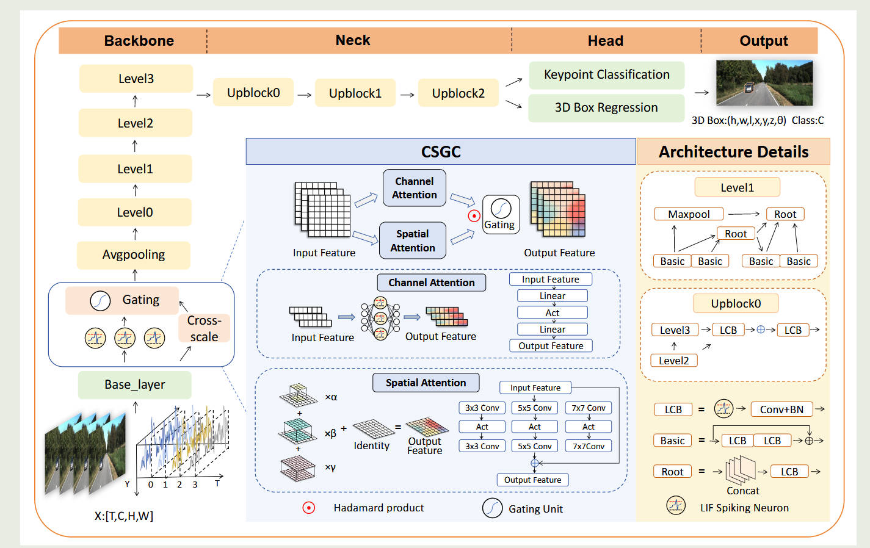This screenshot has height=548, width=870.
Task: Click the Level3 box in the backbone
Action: [x=136, y=79]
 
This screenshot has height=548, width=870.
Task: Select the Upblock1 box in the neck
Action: [x=355, y=93]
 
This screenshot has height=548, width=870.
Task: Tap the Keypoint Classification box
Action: [x=606, y=75]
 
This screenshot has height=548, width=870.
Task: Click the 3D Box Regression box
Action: [x=606, y=108]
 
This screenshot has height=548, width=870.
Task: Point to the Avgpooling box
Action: [x=133, y=255]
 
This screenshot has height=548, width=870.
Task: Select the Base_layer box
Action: [x=134, y=385]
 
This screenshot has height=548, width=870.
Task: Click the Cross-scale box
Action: [x=204, y=328]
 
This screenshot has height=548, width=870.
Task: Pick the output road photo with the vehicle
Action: [x=764, y=84]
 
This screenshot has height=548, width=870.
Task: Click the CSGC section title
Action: [x=441, y=152]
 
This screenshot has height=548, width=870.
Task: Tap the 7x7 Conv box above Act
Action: [x=589, y=408]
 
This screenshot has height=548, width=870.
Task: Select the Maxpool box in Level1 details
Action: [x=689, y=214]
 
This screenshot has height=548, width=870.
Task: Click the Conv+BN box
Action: [x=781, y=409]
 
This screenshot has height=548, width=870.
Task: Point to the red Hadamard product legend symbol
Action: [x=309, y=508]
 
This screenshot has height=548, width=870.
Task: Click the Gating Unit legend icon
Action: [x=492, y=508]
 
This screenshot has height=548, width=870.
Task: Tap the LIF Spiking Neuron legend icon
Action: [x=676, y=506]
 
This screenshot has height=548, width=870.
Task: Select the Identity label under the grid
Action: [x=371, y=446]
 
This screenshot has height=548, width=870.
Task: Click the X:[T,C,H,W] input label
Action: [x=123, y=516]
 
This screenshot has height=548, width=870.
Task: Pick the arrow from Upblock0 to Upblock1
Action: [x=304, y=95]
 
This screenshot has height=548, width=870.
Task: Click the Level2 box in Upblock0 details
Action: [x=673, y=361]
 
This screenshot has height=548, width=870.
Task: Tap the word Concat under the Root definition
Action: [x=742, y=491]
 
